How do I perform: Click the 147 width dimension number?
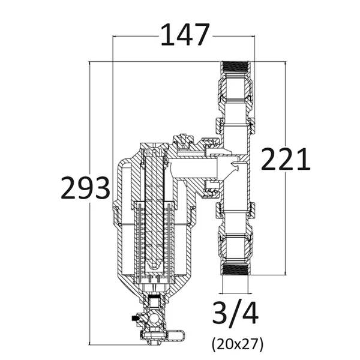[185, 34]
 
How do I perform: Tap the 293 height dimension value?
[85, 188]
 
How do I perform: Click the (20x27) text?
[238, 344]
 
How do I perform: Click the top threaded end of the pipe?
[236, 67]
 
